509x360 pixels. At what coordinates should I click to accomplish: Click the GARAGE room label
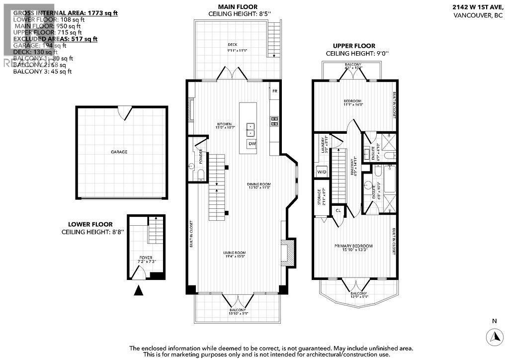click(x=119, y=152)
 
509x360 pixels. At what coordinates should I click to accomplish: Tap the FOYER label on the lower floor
click(x=146, y=258)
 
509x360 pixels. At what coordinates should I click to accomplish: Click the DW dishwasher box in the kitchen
click(x=252, y=144)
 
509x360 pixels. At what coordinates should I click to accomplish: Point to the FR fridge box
click(x=274, y=91)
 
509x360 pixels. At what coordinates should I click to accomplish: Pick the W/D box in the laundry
click(x=321, y=173)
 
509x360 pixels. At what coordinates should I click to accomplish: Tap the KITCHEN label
click(x=225, y=124)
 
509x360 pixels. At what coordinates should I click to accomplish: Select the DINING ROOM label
click(x=258, y=184)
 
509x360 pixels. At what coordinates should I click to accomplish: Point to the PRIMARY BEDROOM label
click(x=353, y=246)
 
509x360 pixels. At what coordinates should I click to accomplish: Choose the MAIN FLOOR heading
click(x=233, y=6)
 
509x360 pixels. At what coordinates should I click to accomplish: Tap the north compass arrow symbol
click(x=495, y=337)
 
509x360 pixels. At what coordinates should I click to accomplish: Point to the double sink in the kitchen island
click(x=251, y=129)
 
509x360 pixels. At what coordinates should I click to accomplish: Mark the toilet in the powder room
click(x=200, y=173)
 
